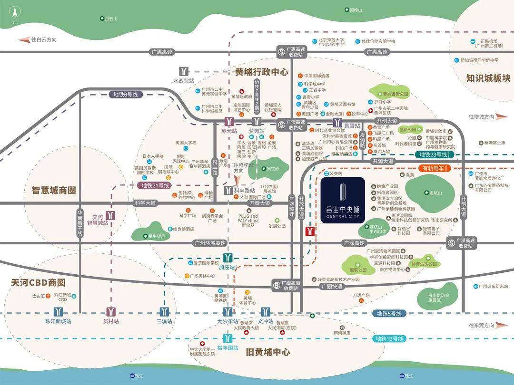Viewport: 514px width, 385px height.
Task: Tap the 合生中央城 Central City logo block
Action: [x=343, y=200]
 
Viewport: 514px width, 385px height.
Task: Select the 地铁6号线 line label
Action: [x=126, y=95]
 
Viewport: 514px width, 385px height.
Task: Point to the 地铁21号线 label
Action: [x=156, y=185]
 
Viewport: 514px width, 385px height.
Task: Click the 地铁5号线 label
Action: [x=389, y=314]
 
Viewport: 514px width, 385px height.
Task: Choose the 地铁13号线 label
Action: [x=389, y=339]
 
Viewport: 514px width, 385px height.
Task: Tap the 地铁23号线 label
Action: [x=433, y=154]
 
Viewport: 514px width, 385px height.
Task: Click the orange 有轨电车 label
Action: [x=433, y=168]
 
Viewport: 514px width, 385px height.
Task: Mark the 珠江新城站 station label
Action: [x=58, y=322]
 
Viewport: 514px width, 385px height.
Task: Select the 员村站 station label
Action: [x=111, y=322]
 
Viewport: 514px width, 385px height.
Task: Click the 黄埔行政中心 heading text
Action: [x=262, y=72]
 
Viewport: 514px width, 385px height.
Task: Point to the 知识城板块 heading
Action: [x=488, y=78]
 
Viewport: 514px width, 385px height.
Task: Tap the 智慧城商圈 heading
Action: [x=54, y=191]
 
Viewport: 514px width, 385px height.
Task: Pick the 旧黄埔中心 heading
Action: [x=268, y=352]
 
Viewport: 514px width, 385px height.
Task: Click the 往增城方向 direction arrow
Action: [x=503, y=116]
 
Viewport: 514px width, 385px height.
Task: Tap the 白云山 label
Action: [x=109, y=19]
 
